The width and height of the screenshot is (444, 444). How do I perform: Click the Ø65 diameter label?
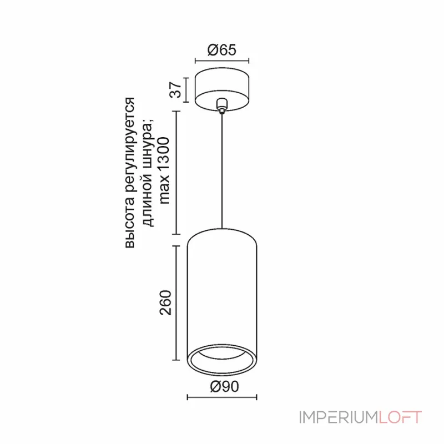[221, 50]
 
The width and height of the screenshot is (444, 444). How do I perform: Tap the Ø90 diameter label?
[225, 386]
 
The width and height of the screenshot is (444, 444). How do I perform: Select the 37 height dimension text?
[175, 89]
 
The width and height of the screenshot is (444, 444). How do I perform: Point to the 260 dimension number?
[165, 302]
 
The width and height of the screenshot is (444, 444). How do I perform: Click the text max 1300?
[164, 171]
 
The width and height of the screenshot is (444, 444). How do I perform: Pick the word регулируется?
[130, 150]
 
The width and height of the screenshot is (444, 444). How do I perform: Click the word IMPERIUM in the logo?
[339, 417]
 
